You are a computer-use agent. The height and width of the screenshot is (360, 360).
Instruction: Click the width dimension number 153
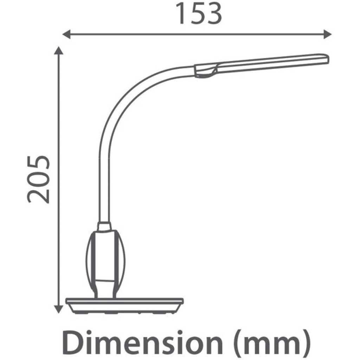click(199, 13)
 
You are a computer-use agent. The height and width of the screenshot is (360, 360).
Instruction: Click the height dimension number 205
click(38, 179)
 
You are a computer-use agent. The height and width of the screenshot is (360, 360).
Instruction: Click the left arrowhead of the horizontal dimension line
click(66, 34)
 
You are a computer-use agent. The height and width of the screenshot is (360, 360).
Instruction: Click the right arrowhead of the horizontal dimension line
click(327, 34)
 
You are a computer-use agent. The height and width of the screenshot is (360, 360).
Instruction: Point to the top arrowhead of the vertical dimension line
click(59, 51)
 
